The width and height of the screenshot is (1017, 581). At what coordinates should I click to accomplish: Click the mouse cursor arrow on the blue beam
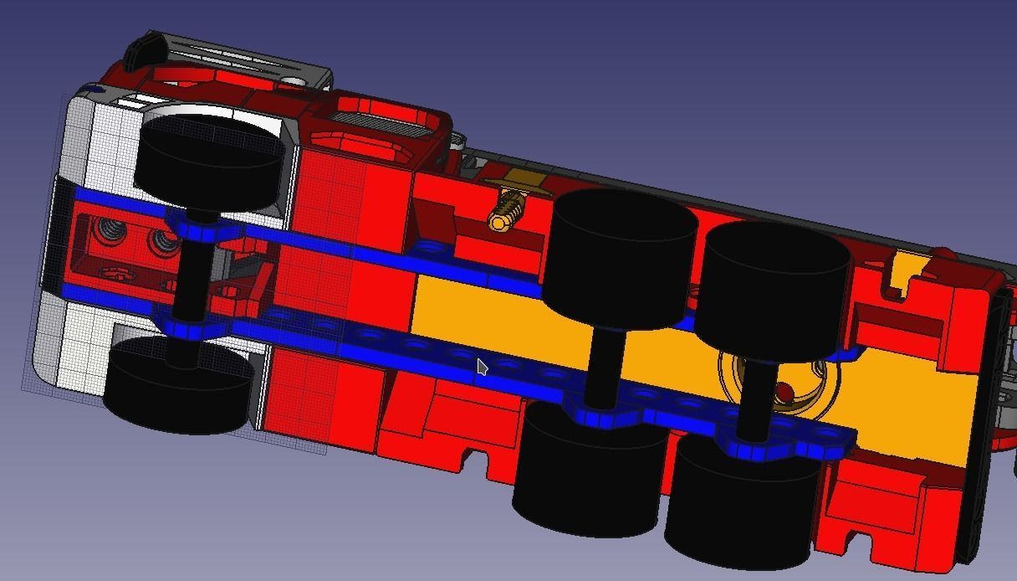point(482,367)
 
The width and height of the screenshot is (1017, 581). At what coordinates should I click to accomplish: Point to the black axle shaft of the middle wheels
point(602,364)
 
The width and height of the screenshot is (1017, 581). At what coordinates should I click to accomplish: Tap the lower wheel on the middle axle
point(590,473)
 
